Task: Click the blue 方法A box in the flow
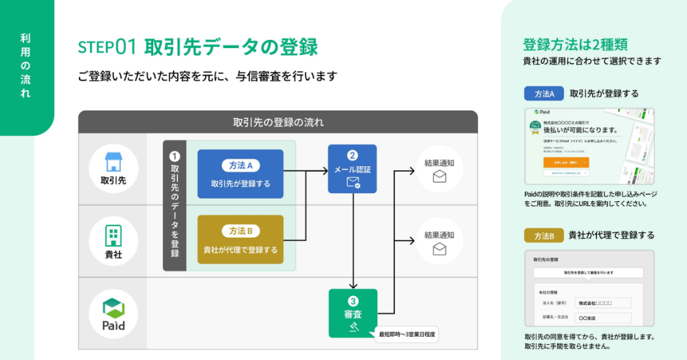tap(240, 174)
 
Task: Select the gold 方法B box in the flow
tap(240, 239)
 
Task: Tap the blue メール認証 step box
tap(352, 168)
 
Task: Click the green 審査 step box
tap(352, 313)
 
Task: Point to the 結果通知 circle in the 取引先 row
tap(439, 169)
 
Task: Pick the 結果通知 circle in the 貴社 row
tap(439, 241)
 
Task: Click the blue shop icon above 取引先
tap(113, 162)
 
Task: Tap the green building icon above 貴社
tap(113, 235)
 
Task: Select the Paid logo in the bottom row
tap(113, 314)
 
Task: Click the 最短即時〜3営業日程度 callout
tap(407, 335)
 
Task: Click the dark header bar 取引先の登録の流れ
tap(278, 122)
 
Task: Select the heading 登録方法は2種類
tap(574, 45)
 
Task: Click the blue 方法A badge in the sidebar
tap(544, 93)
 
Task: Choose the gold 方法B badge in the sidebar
tap(543, 236)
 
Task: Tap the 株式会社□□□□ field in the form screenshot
tap(603, 303)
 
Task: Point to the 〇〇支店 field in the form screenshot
tap(603, 318)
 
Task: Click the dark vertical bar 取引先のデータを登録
tap(174, 206)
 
